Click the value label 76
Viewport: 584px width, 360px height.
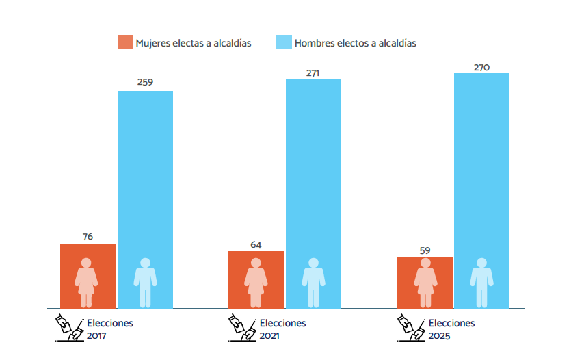click(88, 237)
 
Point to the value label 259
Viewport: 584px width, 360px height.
click(145, 82)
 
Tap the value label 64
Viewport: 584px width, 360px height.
click(256, 244)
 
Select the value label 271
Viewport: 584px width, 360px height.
click(313, 73)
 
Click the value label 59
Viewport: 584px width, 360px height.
click(425, 250)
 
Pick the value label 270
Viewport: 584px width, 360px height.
click(481, 67)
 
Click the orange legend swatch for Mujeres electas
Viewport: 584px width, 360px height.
click(124, 42)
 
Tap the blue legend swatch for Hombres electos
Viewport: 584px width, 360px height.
click(283, 42)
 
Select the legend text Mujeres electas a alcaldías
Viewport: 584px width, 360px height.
click(194, 43)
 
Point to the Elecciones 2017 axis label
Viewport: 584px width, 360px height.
click(109, 329)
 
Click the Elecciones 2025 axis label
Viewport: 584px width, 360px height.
click(451, 329)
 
